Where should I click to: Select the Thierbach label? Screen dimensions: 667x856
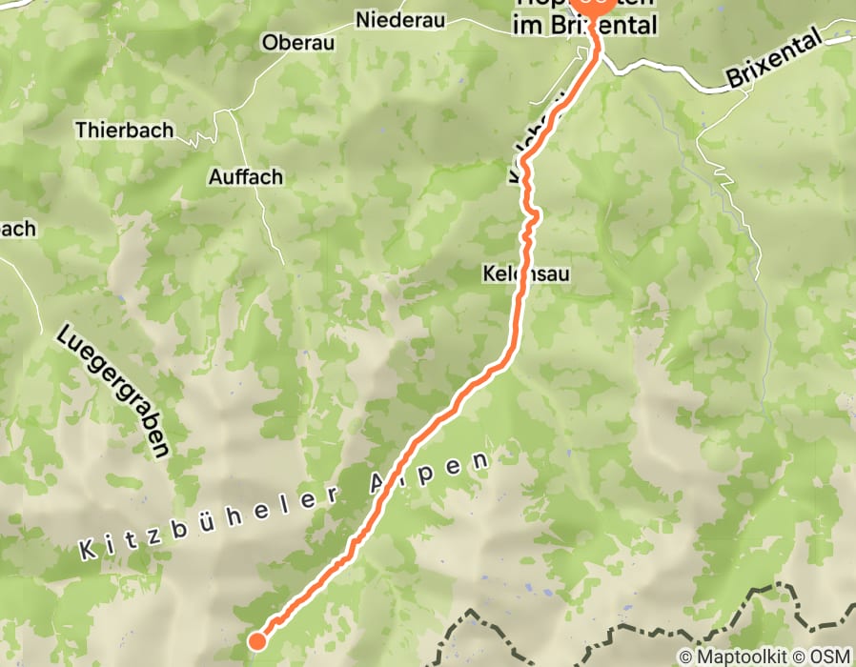[124, 129]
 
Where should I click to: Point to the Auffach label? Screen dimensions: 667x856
[245, 176]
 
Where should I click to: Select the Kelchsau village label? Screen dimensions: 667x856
[525, 274]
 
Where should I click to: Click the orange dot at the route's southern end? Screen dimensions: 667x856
[256, 640]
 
